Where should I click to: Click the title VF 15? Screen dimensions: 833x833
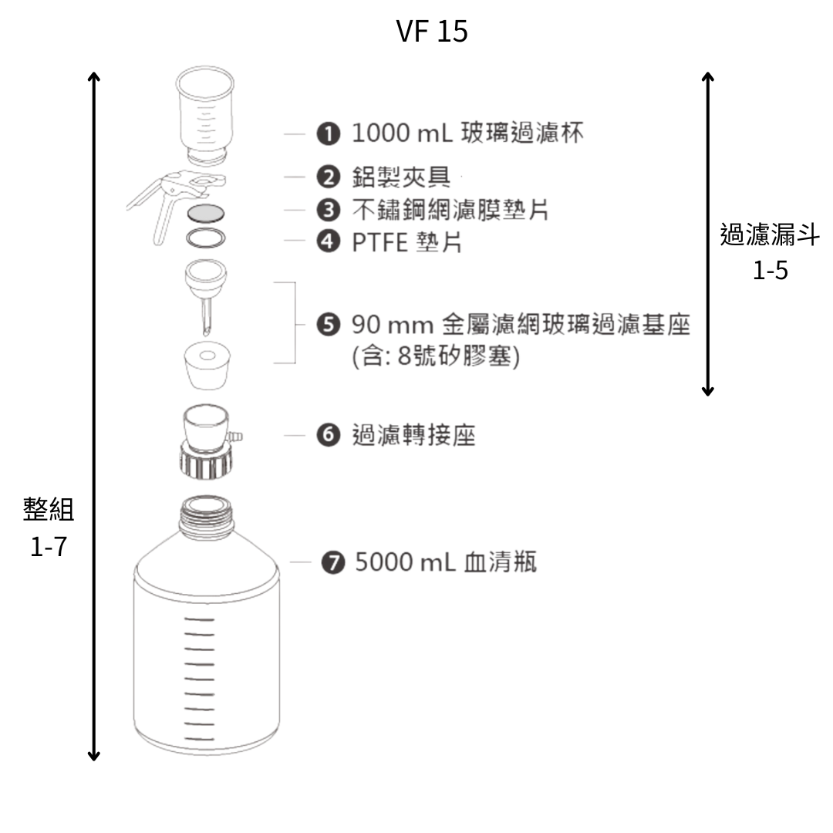pyautogui.click(x=431, y=32)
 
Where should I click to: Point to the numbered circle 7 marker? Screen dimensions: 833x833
pyautogui.click(x=332, y=563)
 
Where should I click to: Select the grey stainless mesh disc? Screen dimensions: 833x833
pyautogui.click(x=205, y=212)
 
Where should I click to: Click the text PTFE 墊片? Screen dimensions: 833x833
pyautogui.click(x=406, y=242)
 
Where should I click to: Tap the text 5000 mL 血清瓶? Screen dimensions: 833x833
pyautogui.click(x=446, y=563)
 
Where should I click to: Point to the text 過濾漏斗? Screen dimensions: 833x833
pyautogui.click(x=770, y=236)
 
